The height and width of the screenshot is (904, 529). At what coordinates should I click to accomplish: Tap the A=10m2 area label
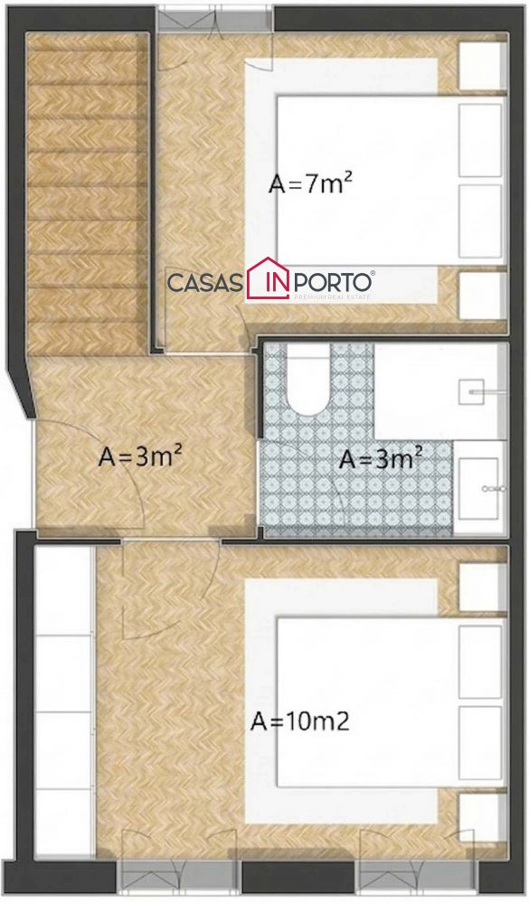(x=300, y=721)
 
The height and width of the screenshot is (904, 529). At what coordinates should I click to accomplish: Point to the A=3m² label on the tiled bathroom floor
(x=381, y=459)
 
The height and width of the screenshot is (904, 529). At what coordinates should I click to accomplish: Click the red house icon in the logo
(x=268, y=278)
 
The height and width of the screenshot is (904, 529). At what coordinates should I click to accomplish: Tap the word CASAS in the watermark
(x=204, y=283)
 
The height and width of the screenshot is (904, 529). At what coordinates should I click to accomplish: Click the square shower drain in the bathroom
(x=471, y=391)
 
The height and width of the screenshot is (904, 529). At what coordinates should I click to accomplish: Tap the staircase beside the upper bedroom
(x=86, y=193)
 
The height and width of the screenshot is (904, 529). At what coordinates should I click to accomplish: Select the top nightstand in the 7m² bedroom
(x=482, y=66)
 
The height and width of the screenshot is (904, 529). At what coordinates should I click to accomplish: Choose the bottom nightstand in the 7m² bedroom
(x=482, y=296)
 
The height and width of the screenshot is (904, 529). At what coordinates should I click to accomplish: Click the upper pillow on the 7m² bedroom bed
(x=480, y=140)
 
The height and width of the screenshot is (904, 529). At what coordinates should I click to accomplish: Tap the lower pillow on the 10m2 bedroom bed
(x=480, y=743)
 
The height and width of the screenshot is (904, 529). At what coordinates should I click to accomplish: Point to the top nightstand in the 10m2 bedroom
(x=482, y=587)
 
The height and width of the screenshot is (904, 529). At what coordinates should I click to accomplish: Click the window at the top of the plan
(x=214, y=18)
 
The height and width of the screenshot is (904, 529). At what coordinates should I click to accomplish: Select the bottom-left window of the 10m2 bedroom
(x=177, y=875)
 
